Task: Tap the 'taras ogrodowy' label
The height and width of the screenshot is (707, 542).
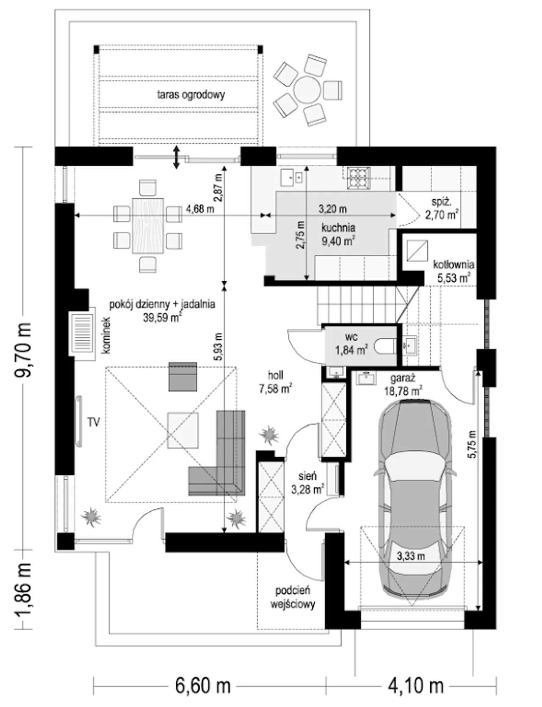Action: point(191,95)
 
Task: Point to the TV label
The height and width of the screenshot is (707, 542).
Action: point(94,422)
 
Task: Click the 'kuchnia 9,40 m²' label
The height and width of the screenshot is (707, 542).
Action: point(338,234)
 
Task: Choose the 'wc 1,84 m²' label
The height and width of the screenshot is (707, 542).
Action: point(351,344)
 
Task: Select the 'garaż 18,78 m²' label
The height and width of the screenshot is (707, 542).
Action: point(403,385)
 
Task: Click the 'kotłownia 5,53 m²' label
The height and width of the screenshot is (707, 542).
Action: point(453,271)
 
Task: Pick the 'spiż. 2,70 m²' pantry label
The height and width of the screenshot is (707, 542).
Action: point(442,208)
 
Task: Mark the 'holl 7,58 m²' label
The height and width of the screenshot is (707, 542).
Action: point(275,382)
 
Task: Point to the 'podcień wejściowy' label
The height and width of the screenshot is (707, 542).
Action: point(293,597)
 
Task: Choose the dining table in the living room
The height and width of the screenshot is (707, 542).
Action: point(148,225)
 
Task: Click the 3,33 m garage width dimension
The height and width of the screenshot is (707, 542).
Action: point(411,556)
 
